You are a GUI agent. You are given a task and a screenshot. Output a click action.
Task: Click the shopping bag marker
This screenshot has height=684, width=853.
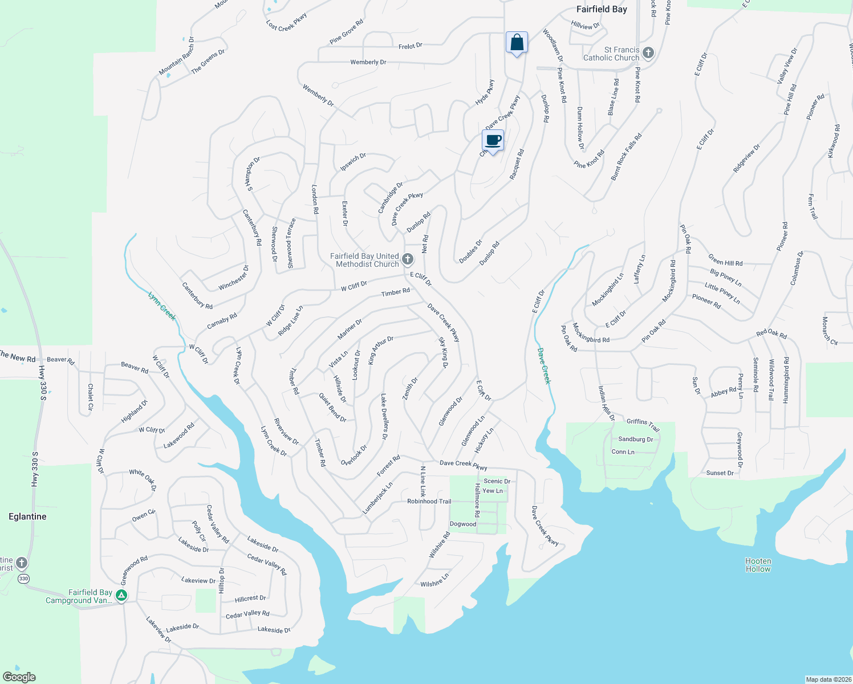[x=517, y=43]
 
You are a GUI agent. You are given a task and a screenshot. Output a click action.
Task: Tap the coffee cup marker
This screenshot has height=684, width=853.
[x=493, y=140]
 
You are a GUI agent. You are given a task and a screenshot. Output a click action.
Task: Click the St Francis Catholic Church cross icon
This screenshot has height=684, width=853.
[x=648, y=54]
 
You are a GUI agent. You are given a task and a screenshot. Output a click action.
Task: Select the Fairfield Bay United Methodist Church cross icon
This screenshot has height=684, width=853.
[x=408, y=260]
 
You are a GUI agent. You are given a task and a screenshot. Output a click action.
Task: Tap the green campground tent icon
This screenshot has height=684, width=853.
[x=121, y=596]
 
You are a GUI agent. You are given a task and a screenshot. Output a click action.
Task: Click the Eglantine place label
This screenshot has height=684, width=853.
[x=27, y=516]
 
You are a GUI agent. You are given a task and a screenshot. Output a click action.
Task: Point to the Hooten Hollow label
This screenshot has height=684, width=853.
[x=758, y=565]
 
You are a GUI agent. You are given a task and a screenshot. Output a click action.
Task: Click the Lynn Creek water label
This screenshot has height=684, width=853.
[x=162, y=306]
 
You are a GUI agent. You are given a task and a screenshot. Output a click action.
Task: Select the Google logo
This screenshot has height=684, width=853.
[x=19, y=677]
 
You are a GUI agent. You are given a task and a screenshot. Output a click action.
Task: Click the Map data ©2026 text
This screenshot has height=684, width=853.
[x=828, y=679]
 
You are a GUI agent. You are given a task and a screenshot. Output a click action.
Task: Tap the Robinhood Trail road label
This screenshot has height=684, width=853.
[x=429, y=502]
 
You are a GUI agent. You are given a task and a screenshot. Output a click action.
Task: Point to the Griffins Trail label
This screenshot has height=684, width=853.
[x=643, y=424]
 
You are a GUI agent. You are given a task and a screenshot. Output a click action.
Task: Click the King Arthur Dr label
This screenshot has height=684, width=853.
[x=380, y=350]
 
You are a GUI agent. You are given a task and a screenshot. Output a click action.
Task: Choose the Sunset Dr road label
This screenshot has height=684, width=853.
[x=720, y=473]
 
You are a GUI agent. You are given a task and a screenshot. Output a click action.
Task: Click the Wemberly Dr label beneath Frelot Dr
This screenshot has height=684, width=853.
[x=368, y=62]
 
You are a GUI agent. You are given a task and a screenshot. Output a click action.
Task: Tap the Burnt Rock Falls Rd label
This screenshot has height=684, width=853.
[x=626, y=157]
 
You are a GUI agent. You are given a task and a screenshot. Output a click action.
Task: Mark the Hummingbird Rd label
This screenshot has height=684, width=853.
[x=786, y=380]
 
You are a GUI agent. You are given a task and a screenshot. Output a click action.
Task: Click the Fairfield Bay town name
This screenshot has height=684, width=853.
[x=602, y=9]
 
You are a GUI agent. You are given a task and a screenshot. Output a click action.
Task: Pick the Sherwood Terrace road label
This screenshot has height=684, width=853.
[x=291, y=243]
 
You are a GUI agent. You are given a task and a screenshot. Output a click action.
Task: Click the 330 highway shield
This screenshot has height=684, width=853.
[x=23, y=579]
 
